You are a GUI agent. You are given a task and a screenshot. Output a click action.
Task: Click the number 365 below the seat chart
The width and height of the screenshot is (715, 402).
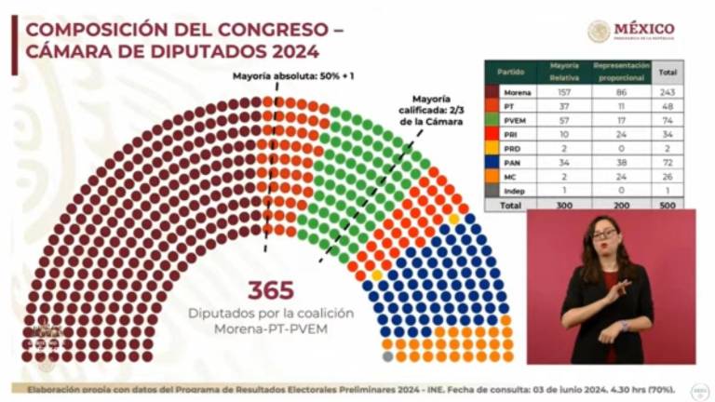[270, 289]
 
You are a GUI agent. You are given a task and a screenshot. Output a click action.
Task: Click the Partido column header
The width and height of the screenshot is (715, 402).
[510, 72]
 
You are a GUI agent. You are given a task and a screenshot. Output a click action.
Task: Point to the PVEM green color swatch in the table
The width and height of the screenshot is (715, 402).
[492, 124]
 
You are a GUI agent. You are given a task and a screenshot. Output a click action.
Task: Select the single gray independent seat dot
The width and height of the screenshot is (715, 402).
[387, 355]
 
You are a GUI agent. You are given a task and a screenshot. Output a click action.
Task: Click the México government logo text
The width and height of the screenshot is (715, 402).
[643, 29]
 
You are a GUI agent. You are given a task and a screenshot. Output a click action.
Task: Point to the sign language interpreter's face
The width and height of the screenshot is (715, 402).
[604, 234]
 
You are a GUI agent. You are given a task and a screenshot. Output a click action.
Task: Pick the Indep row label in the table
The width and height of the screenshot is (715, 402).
[513, 190]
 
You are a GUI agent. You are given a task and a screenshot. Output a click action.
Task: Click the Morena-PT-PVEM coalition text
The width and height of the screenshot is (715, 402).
[270, 329]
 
